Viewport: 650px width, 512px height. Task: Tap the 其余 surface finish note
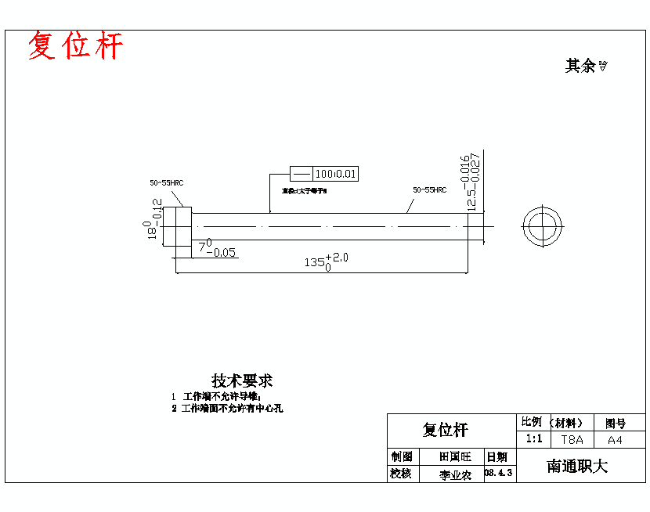[x=586, y=67]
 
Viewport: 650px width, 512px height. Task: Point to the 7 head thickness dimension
[x=218, y=250]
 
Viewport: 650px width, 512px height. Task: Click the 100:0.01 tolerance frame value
[x=336, y=174]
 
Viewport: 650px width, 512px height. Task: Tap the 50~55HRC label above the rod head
[x=167, y=183]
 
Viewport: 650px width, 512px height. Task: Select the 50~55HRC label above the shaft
[x=429, y=189]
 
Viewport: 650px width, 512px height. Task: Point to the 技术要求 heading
[x=241, y=381]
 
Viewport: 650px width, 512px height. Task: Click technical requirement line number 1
[x=215, y=397]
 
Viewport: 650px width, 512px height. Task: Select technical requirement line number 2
[x=227, y=408]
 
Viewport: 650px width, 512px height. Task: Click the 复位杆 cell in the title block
[x=445, y=430]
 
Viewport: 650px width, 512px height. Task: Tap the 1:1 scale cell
[x=533, y=439]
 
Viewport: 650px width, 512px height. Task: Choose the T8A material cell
[x=572, y=440]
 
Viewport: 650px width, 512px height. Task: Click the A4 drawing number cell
[x=616, y=440]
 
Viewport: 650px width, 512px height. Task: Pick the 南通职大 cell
[x=577, y=467]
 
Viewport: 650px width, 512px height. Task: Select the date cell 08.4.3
[x=499, y=473]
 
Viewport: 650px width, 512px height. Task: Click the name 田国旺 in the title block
[x=455, y=456]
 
